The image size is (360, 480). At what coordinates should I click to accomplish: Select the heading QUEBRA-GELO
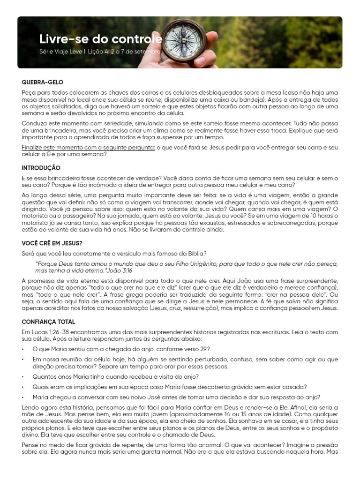point(42,82)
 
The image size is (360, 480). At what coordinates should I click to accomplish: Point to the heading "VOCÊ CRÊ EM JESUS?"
point(52,243)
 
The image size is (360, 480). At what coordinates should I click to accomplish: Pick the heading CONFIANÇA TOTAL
point(48,322)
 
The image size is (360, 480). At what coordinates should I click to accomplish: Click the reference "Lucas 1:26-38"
point(52,332)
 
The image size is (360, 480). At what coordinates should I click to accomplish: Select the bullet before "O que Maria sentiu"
point(23,349)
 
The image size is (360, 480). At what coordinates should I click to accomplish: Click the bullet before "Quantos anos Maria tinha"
point(23,377)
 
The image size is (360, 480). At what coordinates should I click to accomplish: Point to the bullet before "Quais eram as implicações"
point(23,387)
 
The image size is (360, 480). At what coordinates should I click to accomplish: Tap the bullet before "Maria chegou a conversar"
point(23,397)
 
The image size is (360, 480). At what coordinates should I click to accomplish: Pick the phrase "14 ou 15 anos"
point(237,415)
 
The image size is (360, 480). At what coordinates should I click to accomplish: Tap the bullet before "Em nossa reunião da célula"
point(23,360)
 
